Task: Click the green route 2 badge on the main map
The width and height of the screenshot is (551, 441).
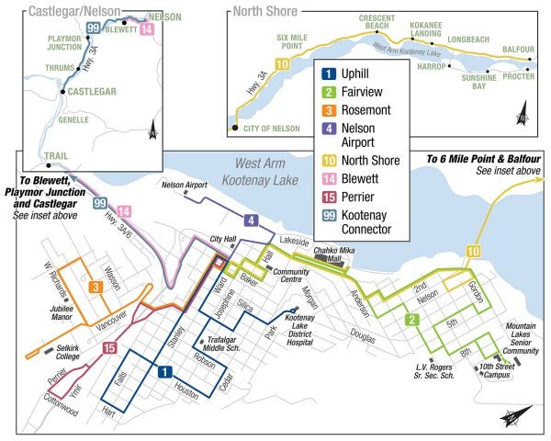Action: pos(413,320)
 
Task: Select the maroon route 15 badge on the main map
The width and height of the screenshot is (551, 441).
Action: pos(109,348)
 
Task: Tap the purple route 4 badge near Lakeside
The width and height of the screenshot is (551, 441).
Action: pos(250,221)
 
